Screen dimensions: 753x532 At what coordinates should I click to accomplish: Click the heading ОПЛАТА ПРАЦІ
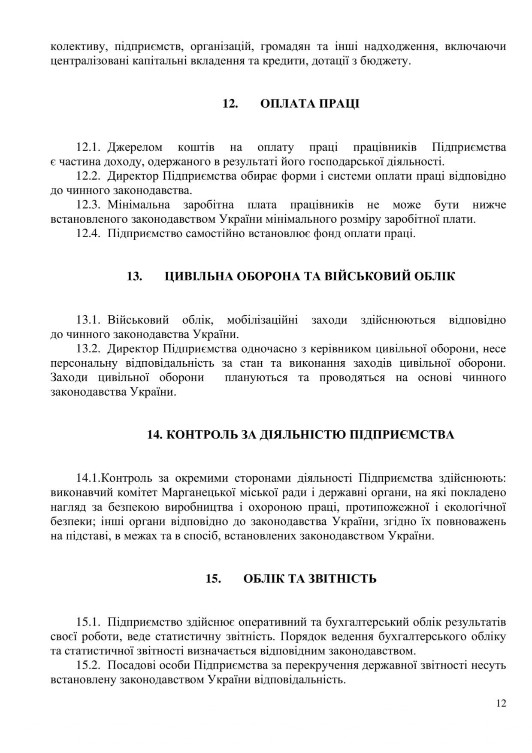pos(309,104)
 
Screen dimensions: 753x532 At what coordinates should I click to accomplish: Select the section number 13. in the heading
pos(134,276)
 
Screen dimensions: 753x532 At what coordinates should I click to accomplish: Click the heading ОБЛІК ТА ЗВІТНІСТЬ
pos(310,579)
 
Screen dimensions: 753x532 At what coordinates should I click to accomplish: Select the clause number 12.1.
pos(88,148)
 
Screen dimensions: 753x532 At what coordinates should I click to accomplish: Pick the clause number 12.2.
pos(88,176)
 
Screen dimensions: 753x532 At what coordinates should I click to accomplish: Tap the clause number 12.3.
pos(88,205)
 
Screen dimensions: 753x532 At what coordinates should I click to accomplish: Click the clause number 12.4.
pos(88,234)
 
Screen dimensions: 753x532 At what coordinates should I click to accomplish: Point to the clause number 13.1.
pos(88,320)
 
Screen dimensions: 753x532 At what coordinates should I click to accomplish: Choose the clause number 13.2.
pos(88,349)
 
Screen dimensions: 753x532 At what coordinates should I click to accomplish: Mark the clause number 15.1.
pos(88,622)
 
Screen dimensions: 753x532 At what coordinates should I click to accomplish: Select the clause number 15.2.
pos(88,665)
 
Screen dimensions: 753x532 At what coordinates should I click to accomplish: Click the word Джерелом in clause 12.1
pos(135,148)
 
